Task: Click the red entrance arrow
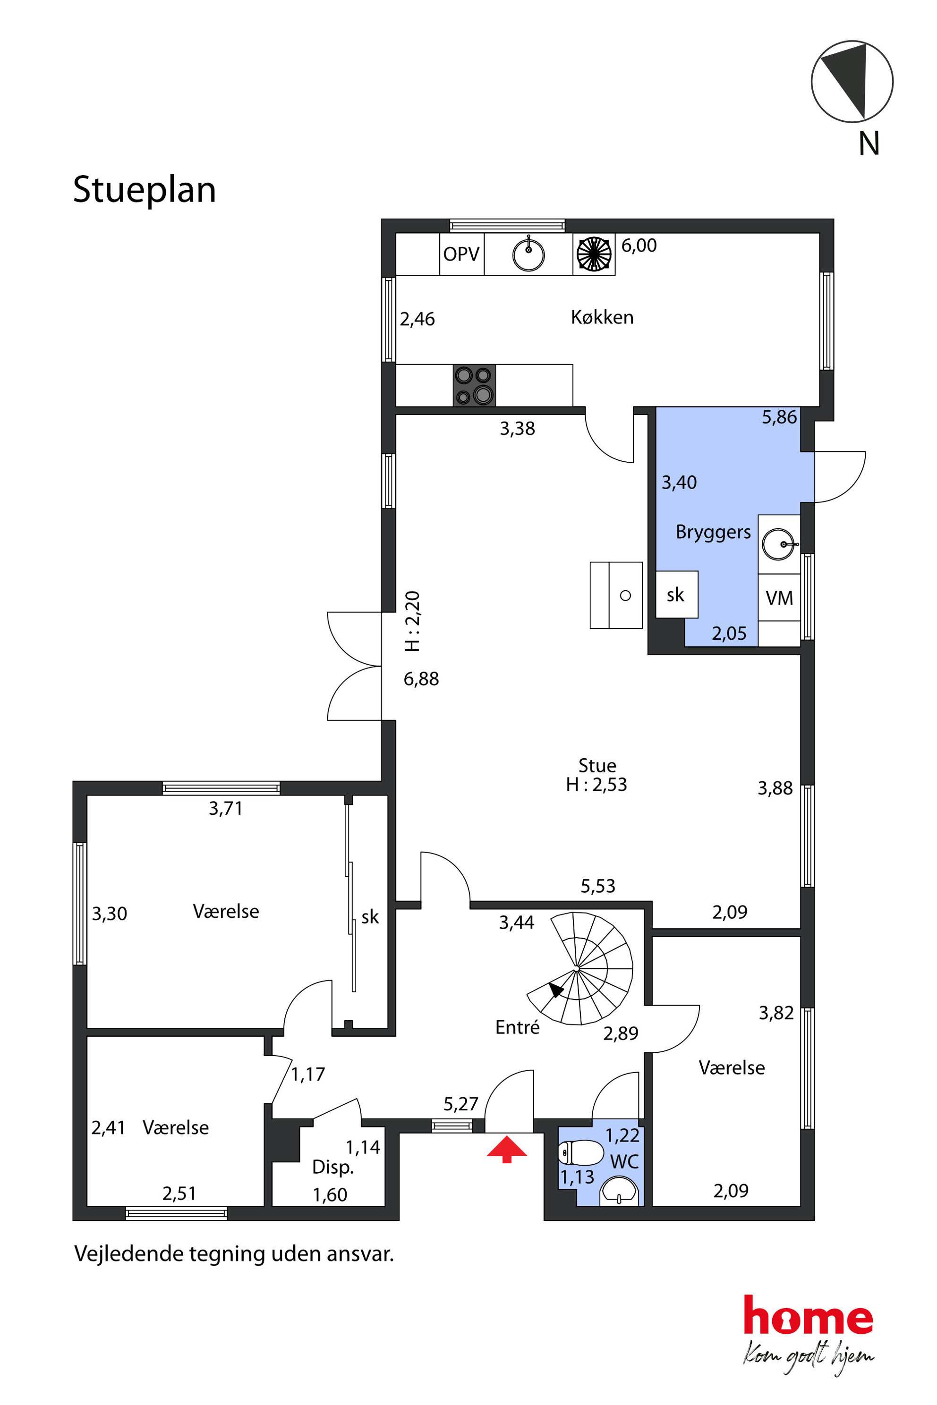click(507, 1149)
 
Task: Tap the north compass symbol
click(852, 81)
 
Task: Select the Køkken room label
click(602, 317)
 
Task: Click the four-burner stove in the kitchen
click(474, 385)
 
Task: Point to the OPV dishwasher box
click(462, 254)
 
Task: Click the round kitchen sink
click(528, 254)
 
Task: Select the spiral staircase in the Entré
click(579, 968)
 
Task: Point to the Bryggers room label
click(713, 532)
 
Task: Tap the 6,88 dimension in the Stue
click(421, 678)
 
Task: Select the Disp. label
click(333, 1167)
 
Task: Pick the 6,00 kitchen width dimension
click(639, 245)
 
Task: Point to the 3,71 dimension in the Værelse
click(226, 808)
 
